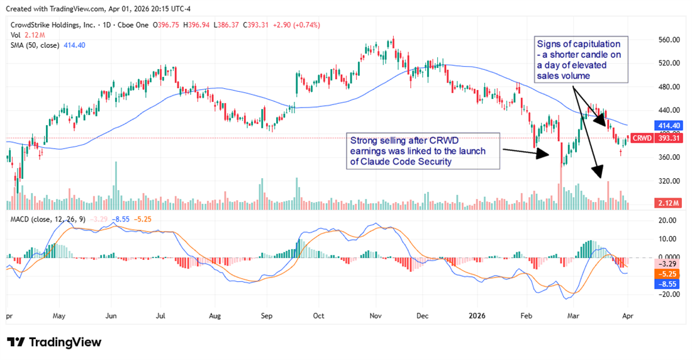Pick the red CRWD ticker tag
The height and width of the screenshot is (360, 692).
[641, 138]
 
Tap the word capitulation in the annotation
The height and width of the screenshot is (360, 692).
[591, 44]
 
